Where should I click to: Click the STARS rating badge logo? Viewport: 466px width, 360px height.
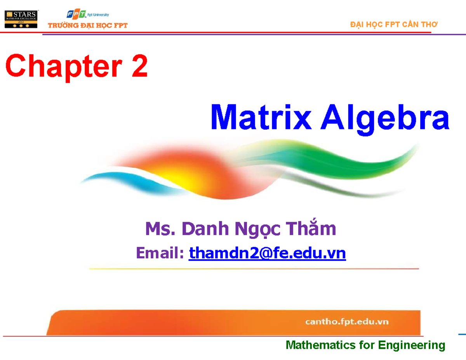click(x=21, y=19)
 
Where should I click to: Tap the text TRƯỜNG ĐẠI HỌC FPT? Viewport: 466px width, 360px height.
click(x=87, y=26)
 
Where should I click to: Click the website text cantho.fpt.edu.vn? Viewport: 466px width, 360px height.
click(x=347, y=322)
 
